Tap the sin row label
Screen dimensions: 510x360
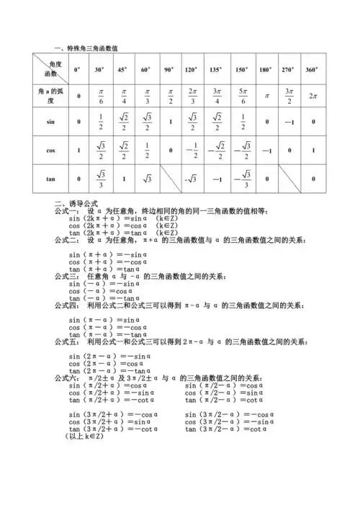[50, 122]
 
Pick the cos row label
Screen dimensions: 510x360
[50, 151]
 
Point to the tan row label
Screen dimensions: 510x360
[50, 179]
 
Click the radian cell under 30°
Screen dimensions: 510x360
[99, 95]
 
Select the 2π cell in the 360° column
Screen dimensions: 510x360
[312, 95]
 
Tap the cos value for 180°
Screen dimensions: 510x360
[265, 151]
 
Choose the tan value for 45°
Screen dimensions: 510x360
[123, 179]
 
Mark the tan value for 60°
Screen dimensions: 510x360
[146, 179]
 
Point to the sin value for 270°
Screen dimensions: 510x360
[288, 122]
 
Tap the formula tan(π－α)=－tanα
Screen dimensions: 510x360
[103, 334]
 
